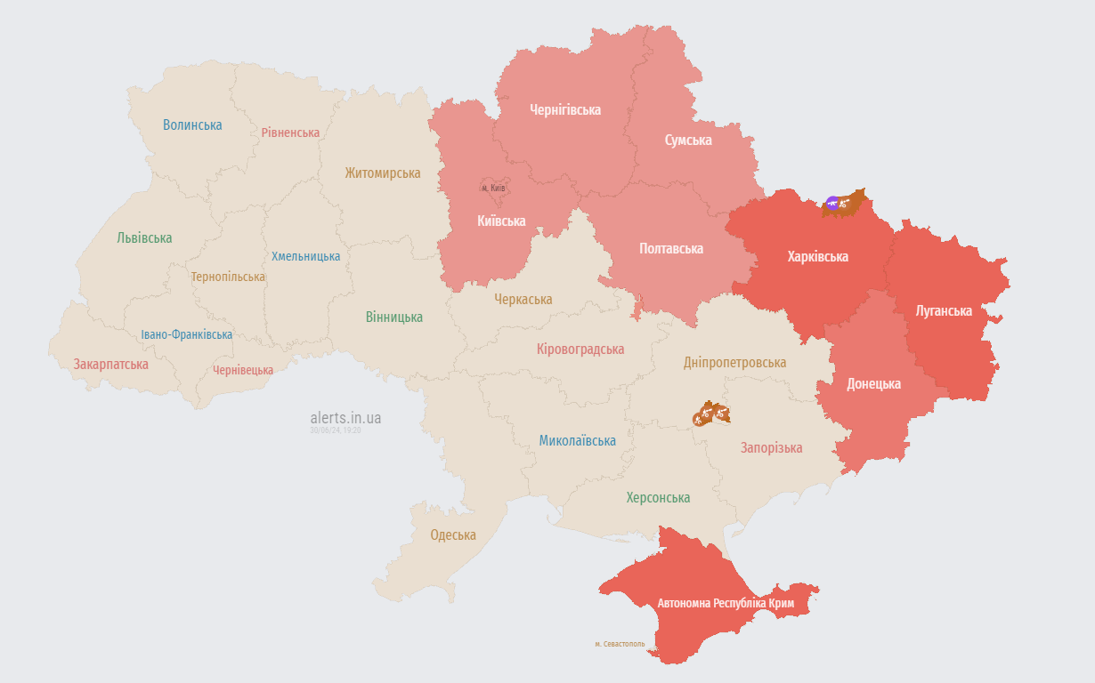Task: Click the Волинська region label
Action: [192, 125]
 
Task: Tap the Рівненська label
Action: [290, 133]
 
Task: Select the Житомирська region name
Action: [383, 173]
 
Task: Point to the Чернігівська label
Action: [565, 110]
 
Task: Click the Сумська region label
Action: [688, 141]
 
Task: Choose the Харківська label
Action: [817, 257]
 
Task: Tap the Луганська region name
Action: [944, 311]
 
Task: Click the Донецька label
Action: [873, 384]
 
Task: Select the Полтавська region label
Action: [671, 248]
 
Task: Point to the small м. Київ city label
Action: [493, 188]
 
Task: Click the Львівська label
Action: [144, 238]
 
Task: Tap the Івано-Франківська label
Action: [187, 335]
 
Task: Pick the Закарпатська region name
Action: [111, 365]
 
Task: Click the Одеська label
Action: [453, 535]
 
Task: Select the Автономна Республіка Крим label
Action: [733, 603]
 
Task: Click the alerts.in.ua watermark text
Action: [345, 417]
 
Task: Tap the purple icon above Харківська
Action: [832, 204]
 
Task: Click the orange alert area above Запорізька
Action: [712, 414]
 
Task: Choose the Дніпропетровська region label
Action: [734, 363]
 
